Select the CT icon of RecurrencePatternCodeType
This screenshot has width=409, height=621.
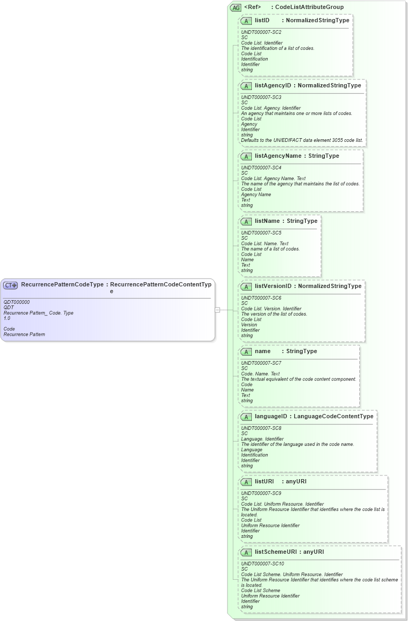point(11,285)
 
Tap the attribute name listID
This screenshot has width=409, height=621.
point(262,20)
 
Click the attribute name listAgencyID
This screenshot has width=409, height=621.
point(272,85)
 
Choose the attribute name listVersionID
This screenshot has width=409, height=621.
point(273,286)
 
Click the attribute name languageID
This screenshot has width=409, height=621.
point(270,416)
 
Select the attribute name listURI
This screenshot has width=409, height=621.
point(265,481)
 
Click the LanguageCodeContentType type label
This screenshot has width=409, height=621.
point(333,416)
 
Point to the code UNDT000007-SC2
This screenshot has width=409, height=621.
point(261,32)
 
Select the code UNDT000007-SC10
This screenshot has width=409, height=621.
point(262,564)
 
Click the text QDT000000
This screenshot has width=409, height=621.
point(16,302)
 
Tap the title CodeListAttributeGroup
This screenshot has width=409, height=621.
point(309,7)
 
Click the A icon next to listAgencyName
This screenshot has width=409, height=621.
point(246,156)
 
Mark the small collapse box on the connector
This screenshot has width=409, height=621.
point(217,310)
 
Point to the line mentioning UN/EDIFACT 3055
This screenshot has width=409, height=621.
point(302,140)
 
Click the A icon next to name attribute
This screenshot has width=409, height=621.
point(246,352)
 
